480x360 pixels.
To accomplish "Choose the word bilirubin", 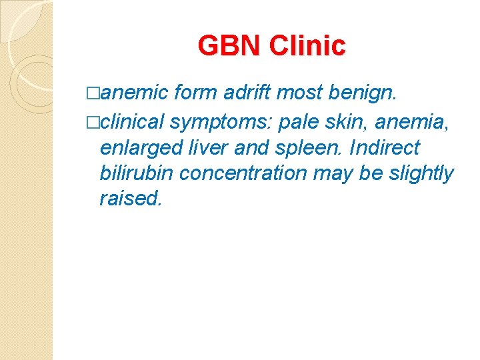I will [137, 173].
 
